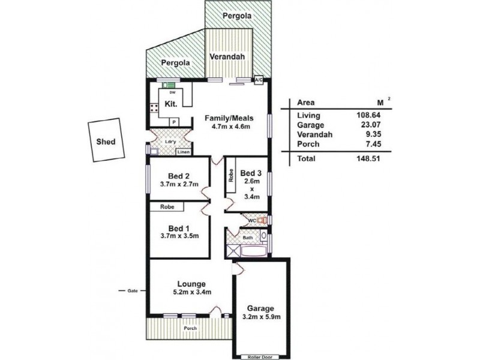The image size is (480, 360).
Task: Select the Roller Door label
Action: pos(259,356)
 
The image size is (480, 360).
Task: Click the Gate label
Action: pos(132,291)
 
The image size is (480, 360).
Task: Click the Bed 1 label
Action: pos(179,229)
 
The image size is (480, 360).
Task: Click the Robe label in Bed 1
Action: pos(167,206)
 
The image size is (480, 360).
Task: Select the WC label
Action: pos(253,221)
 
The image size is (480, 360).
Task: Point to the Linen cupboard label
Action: pos(184,152)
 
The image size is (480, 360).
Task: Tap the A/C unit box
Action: pos(260,80)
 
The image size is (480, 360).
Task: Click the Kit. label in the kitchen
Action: pos(169,103)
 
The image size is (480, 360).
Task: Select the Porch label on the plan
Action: pos(190,328)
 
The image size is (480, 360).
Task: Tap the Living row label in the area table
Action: pos(308,115)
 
